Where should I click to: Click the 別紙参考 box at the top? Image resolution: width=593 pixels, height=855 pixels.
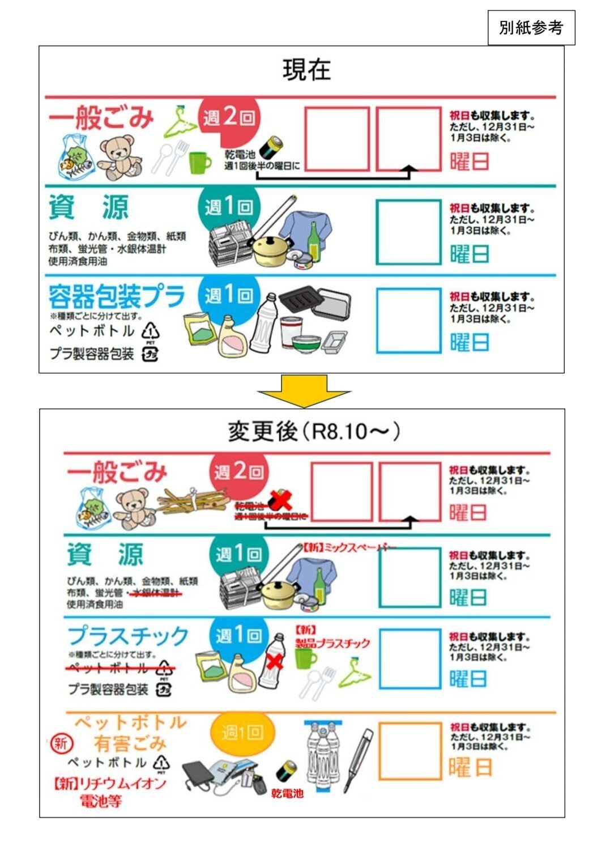531,28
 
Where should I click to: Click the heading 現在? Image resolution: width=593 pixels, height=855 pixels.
306,70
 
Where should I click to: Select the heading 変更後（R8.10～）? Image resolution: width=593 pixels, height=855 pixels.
314,432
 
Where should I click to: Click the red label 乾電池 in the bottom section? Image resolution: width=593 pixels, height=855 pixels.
287,793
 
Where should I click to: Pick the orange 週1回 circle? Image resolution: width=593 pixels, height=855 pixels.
242,733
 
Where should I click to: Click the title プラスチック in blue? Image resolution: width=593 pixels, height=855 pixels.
128,636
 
